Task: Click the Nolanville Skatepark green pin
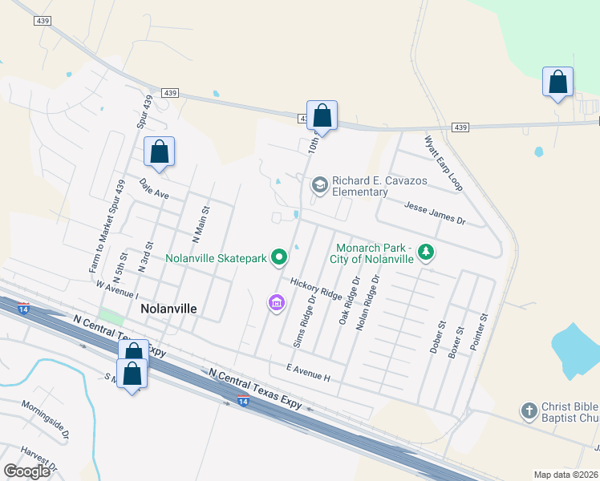tap(279, 257)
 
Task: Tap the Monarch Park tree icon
tap(427, 253)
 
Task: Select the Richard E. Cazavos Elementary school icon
tap(320, 185)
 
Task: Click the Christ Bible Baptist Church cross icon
tap(529, 411)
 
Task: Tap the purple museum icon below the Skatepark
tap(276, 303)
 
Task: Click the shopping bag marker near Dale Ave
tap(160, 152)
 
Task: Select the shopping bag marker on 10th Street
tap(322, 115)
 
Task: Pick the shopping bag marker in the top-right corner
tap(557, 83)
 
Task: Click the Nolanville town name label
tap(168, 308)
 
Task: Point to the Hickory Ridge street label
tap(316, 289)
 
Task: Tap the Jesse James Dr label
tap(435, 212)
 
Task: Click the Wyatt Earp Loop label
tap(444, 163)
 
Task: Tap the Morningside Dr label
tap(45, 416)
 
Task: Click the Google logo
tap(27, 471)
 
